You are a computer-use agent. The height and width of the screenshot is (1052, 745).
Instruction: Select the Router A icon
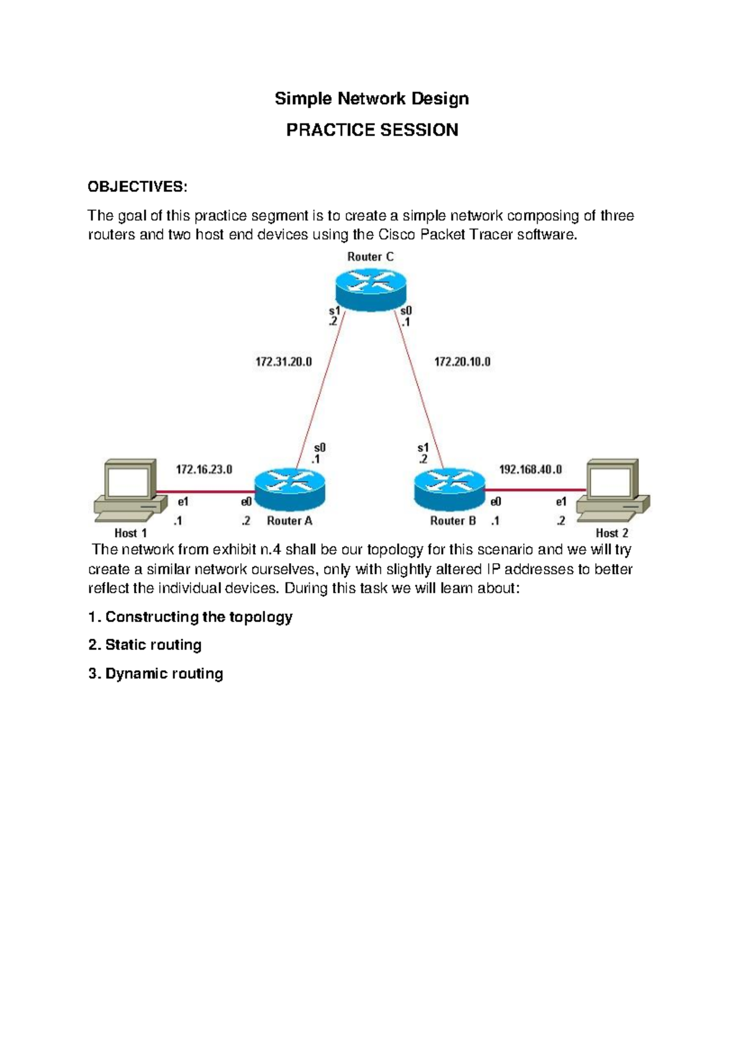pyautogui.click(x=290, y=488)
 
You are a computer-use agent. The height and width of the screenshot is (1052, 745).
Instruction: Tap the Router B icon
pyautogui.click(x=449, y=488)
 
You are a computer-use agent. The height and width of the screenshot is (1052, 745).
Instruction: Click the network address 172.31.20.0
pyautogui.click(x=284, y=362)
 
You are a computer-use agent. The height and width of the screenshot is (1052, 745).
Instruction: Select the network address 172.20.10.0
pyautogui.click(x=462, y=362)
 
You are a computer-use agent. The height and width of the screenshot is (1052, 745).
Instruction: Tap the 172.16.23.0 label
pyautogui.click(x=204, y=470)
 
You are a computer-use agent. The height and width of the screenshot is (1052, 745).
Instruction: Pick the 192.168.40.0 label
pyautogui.click(x=530, y=470)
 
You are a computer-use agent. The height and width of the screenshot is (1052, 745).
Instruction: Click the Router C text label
pyautogui.click(x=370, y=257)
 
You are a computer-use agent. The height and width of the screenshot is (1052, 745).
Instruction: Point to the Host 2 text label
pyautogui.click(x=612, y=533)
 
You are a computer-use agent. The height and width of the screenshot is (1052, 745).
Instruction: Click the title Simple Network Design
pyautogui.click(x=371, y=99)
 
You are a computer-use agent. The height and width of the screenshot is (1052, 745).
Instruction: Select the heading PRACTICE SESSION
pyautogui.click(x=372, y=130)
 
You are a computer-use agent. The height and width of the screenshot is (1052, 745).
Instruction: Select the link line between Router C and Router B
pyautogui.click(x=419, y=391)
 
